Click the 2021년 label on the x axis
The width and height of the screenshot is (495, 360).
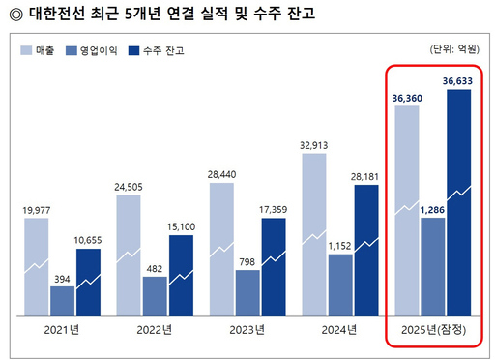point(62,329)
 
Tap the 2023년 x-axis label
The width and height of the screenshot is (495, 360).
point(247,329)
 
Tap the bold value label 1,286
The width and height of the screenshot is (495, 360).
point(432,208)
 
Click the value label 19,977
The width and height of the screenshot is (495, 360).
point(36,209)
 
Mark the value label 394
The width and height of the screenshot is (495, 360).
point(62,278)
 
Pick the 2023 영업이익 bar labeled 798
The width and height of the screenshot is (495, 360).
point(247,292)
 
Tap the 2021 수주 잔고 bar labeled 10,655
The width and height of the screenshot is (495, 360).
point(88,282)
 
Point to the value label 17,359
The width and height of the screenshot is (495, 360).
point(274,209)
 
